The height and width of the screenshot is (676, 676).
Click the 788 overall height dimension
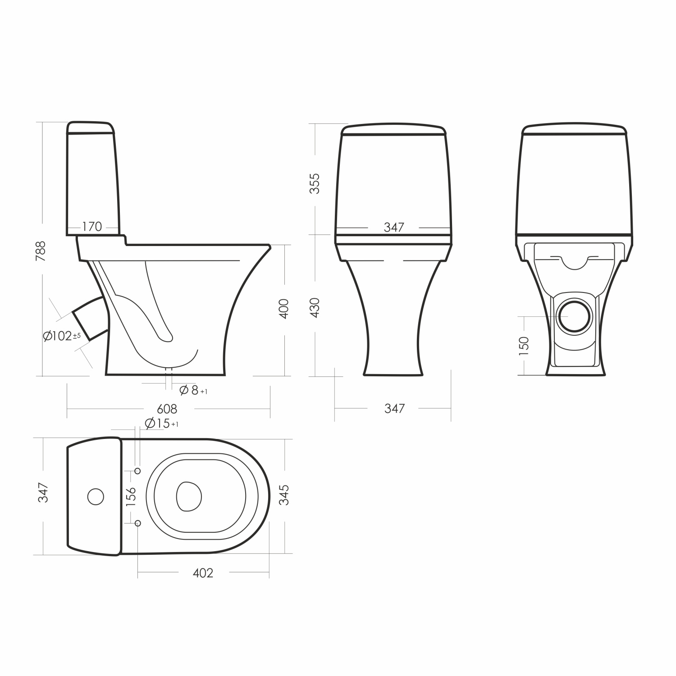[x=41, y=251]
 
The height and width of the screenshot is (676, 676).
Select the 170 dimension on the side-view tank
[x=92, y=227]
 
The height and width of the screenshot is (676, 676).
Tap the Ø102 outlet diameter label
[x=62, y=336]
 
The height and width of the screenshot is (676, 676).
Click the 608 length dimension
[x=167, y=409]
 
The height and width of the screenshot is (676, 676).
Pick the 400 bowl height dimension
[x=284, y=309]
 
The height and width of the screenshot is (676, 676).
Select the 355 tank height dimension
[x=314, y=183]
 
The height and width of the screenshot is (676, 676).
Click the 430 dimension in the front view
[x=314, y=308]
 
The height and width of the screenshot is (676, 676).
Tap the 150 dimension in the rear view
[x=524, y=346]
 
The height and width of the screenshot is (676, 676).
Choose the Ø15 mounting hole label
[x=162, y=424]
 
